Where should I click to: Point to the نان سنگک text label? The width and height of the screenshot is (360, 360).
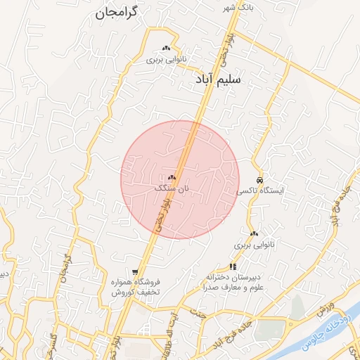tap(173, 188)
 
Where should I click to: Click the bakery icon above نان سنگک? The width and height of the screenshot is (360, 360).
tap(172, 178)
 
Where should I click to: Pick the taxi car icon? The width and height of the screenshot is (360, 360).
tap(260, 179)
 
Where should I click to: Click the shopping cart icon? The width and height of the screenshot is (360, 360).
tap(135, 271)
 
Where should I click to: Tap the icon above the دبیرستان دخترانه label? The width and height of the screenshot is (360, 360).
tap(232, 266)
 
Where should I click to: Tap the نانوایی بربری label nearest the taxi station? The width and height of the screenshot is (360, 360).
tap(252, 246)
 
